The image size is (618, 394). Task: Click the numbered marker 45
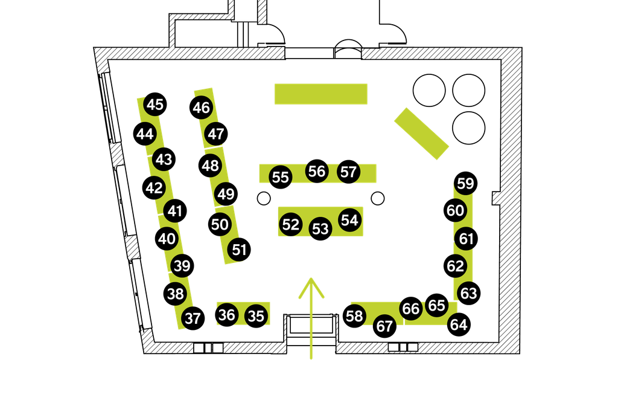155,105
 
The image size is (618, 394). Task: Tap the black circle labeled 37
193,318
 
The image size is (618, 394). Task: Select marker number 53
320,228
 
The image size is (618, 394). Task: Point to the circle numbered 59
465,183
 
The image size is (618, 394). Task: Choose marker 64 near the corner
459,325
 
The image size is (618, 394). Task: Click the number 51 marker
239,250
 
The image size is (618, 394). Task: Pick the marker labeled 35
256,316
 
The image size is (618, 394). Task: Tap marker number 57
348,172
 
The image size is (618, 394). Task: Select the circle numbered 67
384,326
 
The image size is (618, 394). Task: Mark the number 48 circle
210,166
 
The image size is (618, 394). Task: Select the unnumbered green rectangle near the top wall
321,94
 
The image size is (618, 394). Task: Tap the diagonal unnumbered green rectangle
421,134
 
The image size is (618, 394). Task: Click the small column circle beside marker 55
264,198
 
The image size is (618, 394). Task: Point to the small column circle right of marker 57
378,198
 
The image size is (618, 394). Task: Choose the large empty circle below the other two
468,128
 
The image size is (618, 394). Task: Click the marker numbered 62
455,266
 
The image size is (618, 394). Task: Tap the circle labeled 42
154,188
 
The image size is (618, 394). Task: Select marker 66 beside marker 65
410,309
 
